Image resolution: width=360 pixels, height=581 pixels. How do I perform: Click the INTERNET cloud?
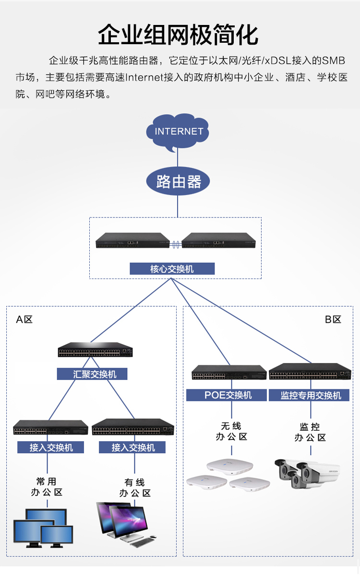(179, 131)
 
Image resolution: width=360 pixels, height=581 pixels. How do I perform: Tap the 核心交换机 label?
(172, 269)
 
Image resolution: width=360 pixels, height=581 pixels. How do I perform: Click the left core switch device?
(132, 241)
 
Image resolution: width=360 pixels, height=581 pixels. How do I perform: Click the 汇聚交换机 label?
(92, 374)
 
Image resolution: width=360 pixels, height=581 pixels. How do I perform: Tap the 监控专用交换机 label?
(311, 395)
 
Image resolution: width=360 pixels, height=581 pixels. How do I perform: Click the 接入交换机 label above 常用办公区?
(51, 448)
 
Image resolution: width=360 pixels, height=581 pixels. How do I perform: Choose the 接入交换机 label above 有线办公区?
(132, 448)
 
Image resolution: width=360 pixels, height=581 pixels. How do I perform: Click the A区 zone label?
(24, 320)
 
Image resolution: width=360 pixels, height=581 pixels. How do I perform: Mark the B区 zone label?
(333, 320)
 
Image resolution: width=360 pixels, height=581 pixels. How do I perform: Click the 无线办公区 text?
(231, 431)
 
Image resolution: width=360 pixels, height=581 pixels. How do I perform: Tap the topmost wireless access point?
(229, 465)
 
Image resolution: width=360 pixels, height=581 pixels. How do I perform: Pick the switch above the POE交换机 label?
(229, 373)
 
